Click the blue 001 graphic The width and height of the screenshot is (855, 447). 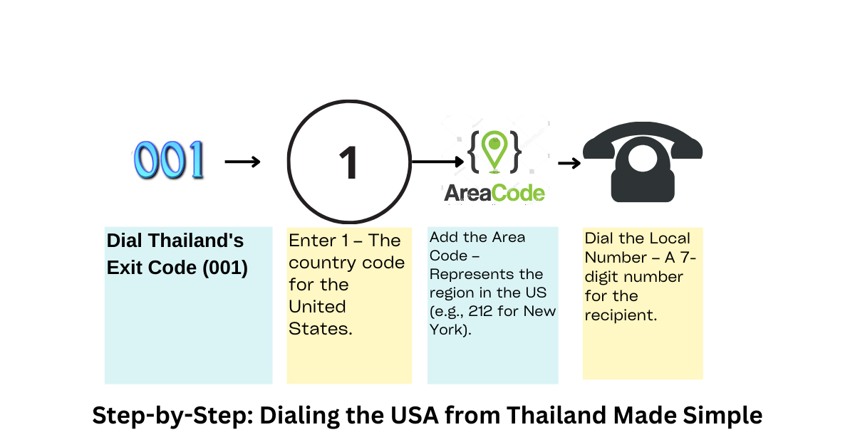(x=169, y=159)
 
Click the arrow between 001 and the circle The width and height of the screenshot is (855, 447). (x=242, y=162)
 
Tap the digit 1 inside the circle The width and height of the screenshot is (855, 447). (x=348, y=162)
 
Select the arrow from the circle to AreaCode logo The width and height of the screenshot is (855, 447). (x=437, y=162)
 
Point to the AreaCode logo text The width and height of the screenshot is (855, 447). (x=494, y=193)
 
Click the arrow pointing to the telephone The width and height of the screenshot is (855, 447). (x=568, y=164)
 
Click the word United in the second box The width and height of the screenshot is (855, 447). (x=317, y=307)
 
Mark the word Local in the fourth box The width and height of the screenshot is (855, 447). (x=671, y=238)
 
